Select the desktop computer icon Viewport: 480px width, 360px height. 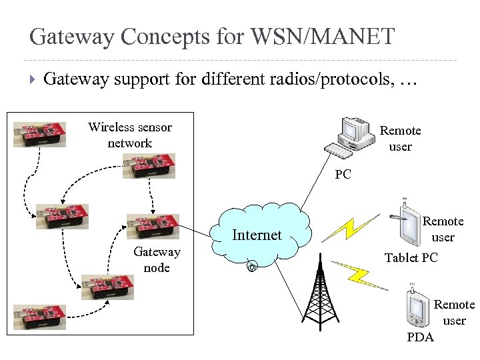tap(353, 137)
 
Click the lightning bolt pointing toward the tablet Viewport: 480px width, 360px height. tap(344, 226)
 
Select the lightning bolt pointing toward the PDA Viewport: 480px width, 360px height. tap(360, 274)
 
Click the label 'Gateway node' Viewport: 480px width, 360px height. tap(157, 260)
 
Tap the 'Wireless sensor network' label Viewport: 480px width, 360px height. tap(130, 135)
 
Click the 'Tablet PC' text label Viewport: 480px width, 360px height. tap(411, 257)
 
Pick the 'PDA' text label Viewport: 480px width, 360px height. tap(420, 337)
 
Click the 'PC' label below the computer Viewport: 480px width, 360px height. tap(343, 175)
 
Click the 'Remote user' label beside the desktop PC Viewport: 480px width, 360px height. tap(400, 139)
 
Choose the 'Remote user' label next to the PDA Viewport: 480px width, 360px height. tap(454, 313)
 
